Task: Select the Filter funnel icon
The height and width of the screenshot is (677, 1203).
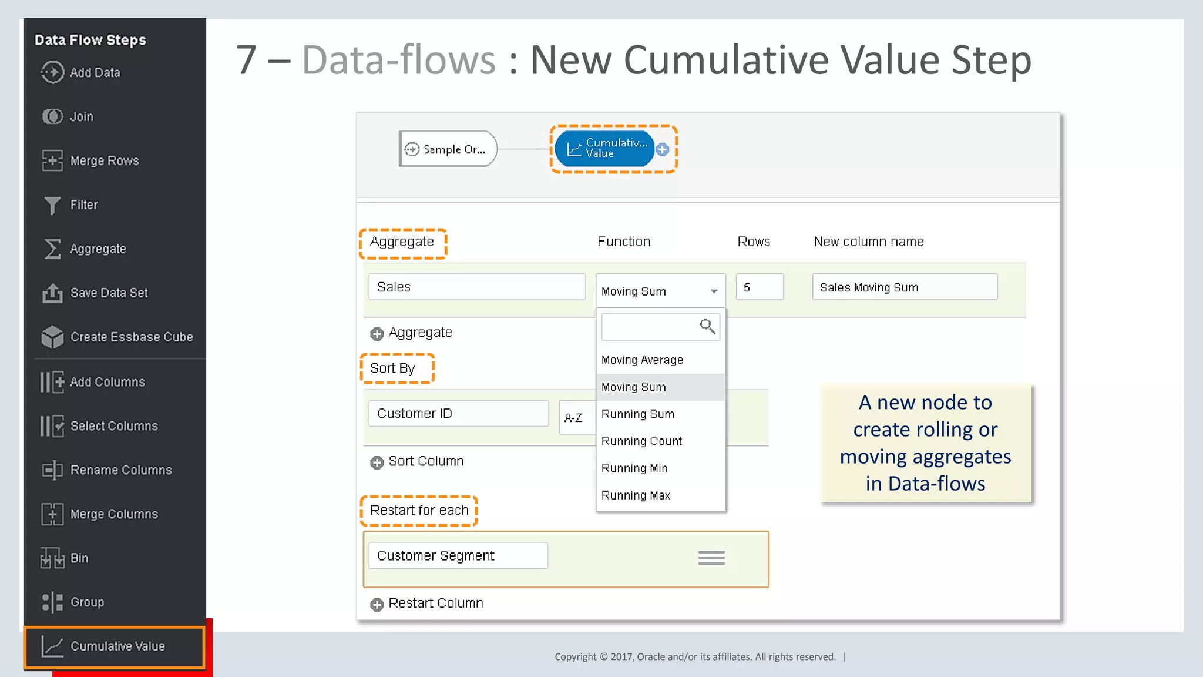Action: click(52, 205)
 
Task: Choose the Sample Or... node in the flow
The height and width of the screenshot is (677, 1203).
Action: click(448, 149)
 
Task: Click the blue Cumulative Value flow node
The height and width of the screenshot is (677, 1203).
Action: click(604, 149)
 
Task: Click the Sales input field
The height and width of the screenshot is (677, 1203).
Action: click(477, 287)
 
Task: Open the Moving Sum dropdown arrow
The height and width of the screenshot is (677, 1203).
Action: click(714, 291)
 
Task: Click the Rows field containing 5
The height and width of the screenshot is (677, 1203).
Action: click(760, 287)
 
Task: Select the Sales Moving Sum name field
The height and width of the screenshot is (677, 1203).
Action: click(905, 287)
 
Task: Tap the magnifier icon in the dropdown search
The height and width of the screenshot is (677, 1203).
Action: click(707, 326)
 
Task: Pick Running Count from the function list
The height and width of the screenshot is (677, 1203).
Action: click(641, 441)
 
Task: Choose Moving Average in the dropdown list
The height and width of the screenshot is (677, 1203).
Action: click(642, 360)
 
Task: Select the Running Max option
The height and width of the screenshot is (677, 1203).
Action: click(636, 495)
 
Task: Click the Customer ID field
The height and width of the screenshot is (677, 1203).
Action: click(458, 414)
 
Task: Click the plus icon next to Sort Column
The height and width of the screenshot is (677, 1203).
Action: click(377, 462)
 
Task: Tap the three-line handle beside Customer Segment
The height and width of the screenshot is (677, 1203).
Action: click(711, 558)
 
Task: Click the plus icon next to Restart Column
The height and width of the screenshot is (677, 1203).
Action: click(377, 604)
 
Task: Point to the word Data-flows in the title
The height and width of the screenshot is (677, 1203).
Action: click(399, 60)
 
